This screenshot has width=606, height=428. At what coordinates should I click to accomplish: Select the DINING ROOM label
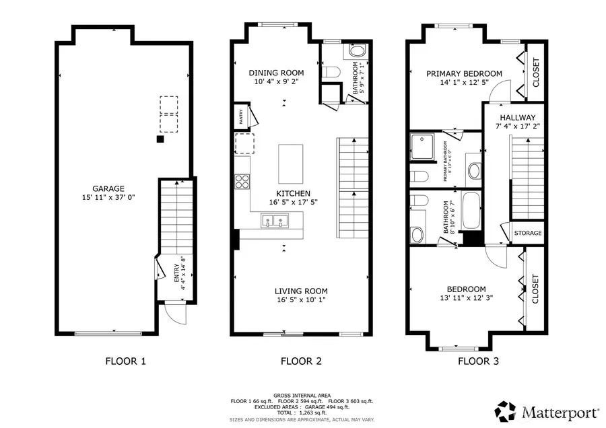coord(276,73)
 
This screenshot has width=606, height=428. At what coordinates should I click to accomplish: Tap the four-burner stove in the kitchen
coord(242,180)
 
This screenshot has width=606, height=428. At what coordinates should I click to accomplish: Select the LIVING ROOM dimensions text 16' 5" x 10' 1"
coord(301,300)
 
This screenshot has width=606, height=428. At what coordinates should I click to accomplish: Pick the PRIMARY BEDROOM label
coord(463,73)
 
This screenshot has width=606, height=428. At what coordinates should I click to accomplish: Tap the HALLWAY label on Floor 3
coord(517,117)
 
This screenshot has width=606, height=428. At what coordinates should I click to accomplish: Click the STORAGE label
coord(527,233)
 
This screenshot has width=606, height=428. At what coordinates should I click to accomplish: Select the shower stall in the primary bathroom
coord(424,147)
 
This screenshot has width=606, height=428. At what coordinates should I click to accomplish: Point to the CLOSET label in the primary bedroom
coord(536,72)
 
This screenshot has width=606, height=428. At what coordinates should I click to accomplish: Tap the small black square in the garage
coord(160,139)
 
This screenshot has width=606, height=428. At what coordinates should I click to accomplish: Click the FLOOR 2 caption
coord(301,361)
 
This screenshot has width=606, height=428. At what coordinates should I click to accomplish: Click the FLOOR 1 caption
coord(126,361)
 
